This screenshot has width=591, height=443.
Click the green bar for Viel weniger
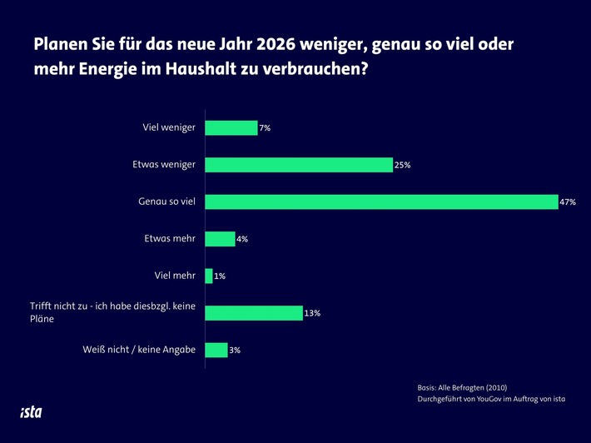click(x=231, y=128)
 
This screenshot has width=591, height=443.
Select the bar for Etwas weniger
click(x=298, y=165)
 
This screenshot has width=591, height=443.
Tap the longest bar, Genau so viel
click(x=381, y=202)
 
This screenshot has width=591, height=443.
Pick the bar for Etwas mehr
click(x=220, y=239)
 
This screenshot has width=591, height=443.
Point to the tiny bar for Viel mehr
click(x=209, y=276)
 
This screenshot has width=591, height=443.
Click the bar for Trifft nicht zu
click(x=253, y=313)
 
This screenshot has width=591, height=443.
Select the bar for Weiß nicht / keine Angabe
click(x=216, y=350)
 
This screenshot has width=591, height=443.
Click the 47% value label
click(x=568, y=202)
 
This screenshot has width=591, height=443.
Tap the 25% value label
click(x=403, y=166)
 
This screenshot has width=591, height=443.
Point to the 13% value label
click(x=312, y=314)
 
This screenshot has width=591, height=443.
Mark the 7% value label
click(x=266, y=129)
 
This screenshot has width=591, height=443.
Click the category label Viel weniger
click(x=169, y=128)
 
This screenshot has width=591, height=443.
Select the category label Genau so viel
click(x=166, y=202)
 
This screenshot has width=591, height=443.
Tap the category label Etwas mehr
click(x=169, y=239)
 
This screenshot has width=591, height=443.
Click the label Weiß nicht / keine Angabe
click(x=139, y=350)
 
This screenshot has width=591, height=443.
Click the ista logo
click(x=31, y=411)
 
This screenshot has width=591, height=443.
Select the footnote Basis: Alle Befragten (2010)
click(x=462, y=387)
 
